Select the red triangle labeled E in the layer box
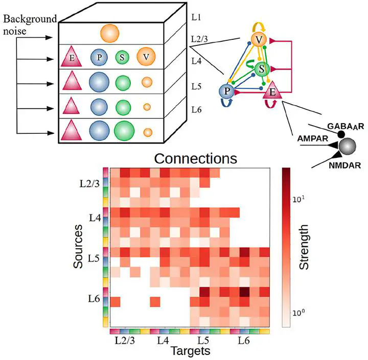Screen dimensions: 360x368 coord(72,57)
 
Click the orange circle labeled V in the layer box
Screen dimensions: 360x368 coord(147,57)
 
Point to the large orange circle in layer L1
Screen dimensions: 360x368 coord(110,33)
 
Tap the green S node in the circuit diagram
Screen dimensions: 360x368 coord(262,68)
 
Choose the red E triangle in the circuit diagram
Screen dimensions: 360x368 coord(271,92)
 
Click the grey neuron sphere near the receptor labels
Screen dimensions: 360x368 coord(349,146)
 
